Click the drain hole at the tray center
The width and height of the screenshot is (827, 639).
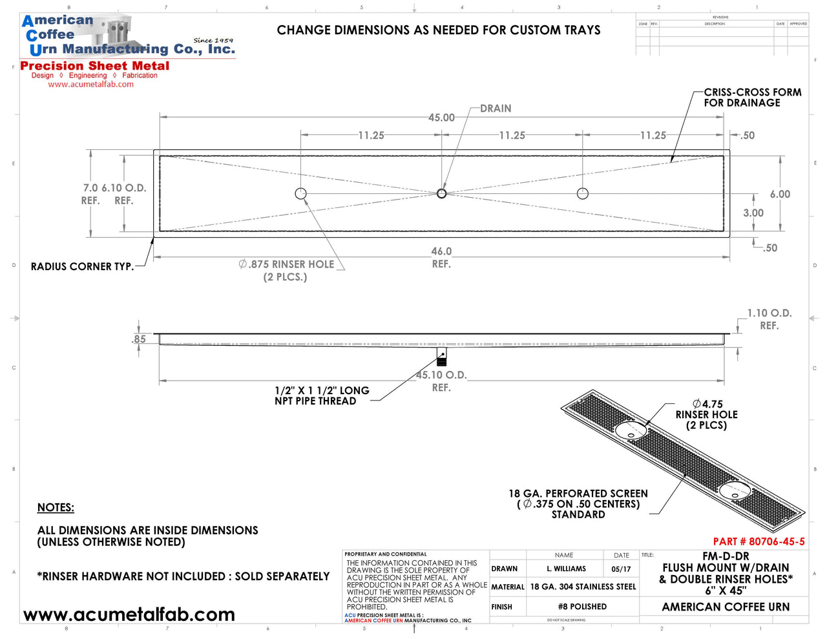441,193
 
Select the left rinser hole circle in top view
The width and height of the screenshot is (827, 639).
300,193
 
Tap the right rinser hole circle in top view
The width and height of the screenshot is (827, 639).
583,193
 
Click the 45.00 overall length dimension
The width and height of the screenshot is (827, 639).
441,118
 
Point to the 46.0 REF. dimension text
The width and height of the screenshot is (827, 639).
441,257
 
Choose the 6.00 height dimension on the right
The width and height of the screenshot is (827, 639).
780,194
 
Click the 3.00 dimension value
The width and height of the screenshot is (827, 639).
753,213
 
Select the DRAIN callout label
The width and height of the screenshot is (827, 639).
496,109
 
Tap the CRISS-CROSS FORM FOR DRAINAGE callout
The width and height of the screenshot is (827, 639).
752,98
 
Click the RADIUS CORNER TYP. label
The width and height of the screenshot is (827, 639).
82,266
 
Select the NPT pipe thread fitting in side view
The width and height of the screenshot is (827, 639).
442,357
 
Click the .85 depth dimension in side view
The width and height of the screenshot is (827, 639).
139,339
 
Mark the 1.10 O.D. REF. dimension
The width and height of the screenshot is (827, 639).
769,319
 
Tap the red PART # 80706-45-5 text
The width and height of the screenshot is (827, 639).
759,541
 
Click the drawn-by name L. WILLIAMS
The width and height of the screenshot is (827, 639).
566,569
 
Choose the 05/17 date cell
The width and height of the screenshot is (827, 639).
621,569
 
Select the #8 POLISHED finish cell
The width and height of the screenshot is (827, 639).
582,607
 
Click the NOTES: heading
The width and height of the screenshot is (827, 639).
56,508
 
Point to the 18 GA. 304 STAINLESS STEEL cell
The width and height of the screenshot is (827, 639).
583,587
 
